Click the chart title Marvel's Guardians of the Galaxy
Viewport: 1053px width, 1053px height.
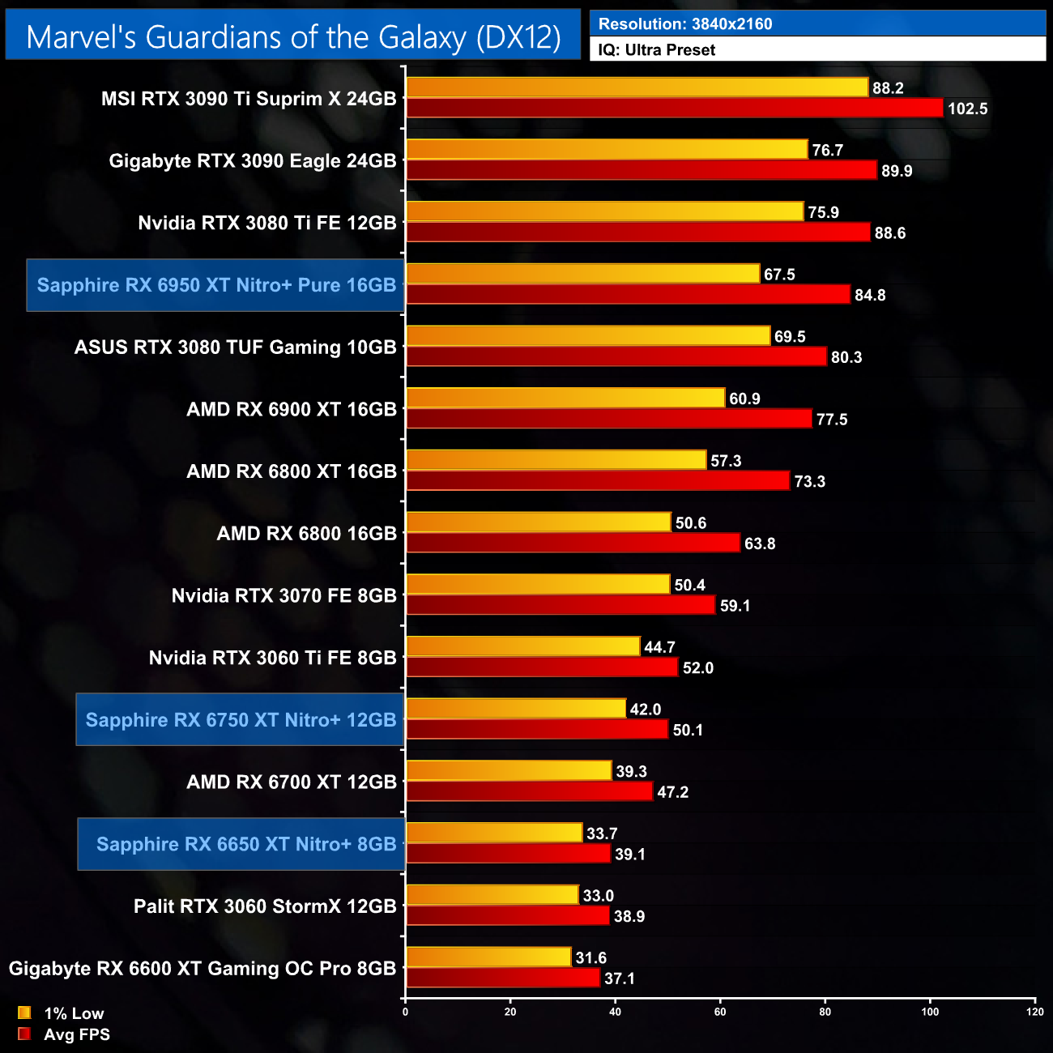coord(293,36)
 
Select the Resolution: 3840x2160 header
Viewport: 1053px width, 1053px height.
coord(685,23)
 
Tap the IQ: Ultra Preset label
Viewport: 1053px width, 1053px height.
coord(657,50)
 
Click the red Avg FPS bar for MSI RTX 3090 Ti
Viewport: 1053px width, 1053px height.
coord(674,108)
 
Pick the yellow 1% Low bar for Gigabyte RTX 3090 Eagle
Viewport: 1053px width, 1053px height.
coord(607,150)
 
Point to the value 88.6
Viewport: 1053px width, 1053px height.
coord(889,233)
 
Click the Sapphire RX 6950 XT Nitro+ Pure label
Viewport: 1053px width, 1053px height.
coord(216,285)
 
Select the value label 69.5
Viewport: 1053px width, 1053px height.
coord(790,337)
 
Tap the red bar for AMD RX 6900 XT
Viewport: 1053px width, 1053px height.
coord(608,419)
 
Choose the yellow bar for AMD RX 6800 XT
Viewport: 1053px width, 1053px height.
coord(556,460)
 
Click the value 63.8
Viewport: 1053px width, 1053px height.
coord(760,544)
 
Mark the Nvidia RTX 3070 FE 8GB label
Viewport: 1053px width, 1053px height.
coord(283,596)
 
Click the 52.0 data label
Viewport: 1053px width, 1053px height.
coord(698,668)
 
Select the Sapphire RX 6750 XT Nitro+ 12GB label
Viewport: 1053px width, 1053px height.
coord(241,720)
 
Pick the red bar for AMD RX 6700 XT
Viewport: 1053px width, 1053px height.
coord(529,791)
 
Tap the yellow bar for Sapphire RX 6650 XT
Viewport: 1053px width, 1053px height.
coord(494,833)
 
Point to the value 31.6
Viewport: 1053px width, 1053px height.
coord(591,958)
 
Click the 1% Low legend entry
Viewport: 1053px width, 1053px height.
coord(73,1013)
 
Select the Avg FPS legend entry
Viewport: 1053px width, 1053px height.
coord(76,1034)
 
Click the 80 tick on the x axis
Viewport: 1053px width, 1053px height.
coord(825,1012)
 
